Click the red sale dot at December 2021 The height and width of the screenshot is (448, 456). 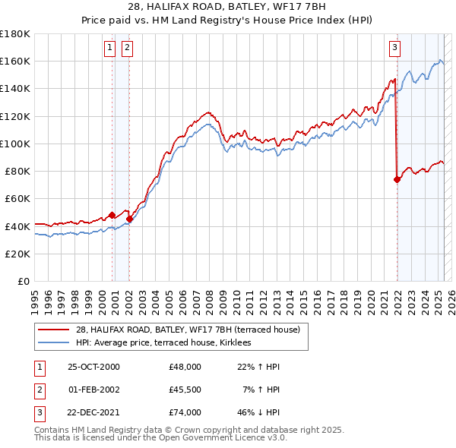[397, 179]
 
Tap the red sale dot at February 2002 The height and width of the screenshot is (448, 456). [129, 219]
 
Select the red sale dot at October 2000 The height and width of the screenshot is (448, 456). [112, 215]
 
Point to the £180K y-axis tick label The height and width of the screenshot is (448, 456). [15, 34]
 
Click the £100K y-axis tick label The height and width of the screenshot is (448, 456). [15, 144]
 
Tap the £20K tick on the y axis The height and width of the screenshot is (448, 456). [18, 254]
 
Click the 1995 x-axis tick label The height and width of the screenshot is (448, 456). [35, 298]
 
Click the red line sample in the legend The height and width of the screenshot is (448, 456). [53, 330]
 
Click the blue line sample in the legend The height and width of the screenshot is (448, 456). [53, 342]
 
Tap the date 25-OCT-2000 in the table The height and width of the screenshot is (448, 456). [93, 367]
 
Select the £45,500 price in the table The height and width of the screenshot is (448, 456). [185, 390]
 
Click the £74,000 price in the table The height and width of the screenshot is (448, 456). [185, 412]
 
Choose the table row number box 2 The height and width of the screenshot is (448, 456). [37, 390]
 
